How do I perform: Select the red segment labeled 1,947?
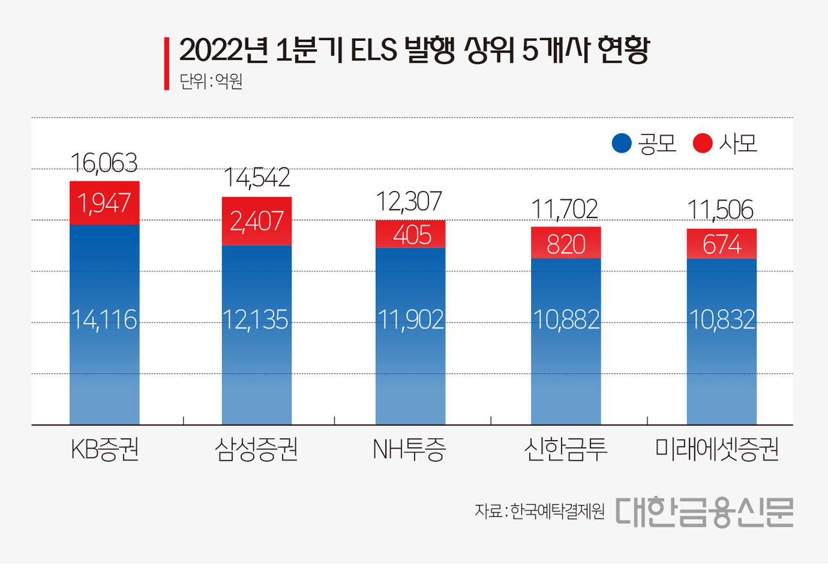tap(104, 203)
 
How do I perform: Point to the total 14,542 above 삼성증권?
tap(256, 177)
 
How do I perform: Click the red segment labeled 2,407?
tap(257, 221)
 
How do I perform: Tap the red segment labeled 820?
tap(566, 243)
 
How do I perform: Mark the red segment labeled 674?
tap(721, 244)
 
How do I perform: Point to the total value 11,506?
tap(721, 210)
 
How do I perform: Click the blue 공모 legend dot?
tap(622, 144)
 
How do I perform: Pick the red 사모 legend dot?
tap(703, 144)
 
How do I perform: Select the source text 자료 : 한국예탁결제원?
tap(539, 511)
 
